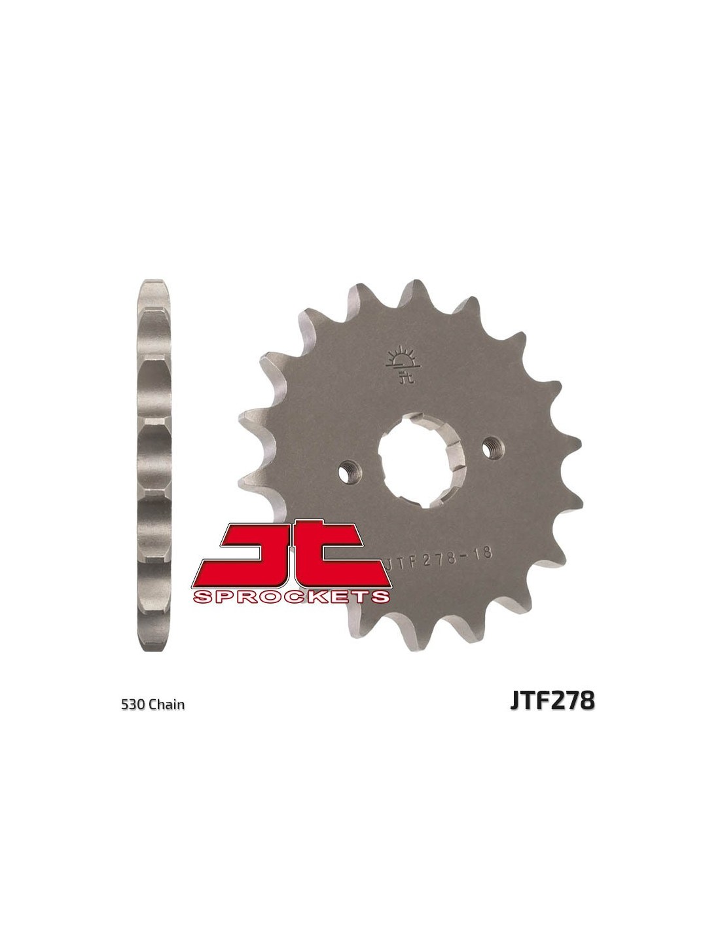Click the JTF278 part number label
pyautogui.click(x=552, y=701)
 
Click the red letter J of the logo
pyautogui.click(x=253, y=555)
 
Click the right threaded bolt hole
pyautogui.click(x=493, y=448)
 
